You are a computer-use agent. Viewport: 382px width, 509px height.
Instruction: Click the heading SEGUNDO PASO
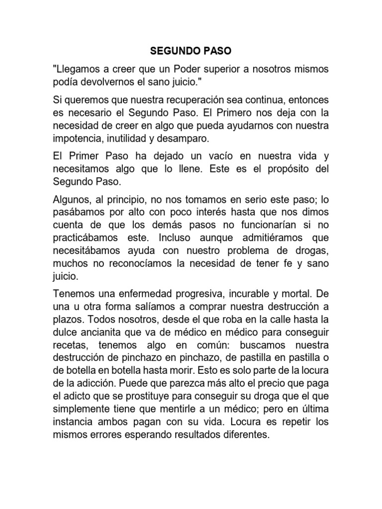point(191,51)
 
